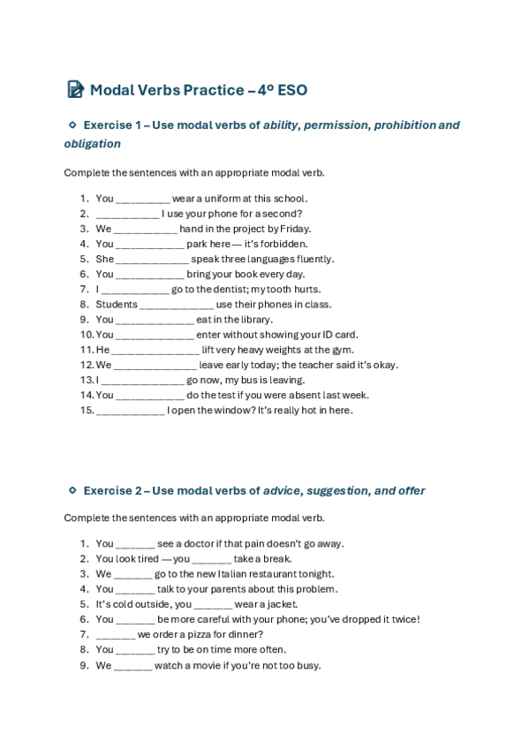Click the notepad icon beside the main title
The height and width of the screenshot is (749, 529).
(x=75, y=89)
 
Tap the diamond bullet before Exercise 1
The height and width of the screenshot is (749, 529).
(x=72, y=125)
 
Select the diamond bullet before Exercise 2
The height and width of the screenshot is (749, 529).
(x=72, y=490)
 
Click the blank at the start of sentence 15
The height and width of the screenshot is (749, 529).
(x=130, y=411)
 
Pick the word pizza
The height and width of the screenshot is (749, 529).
(x=190, y=634)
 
